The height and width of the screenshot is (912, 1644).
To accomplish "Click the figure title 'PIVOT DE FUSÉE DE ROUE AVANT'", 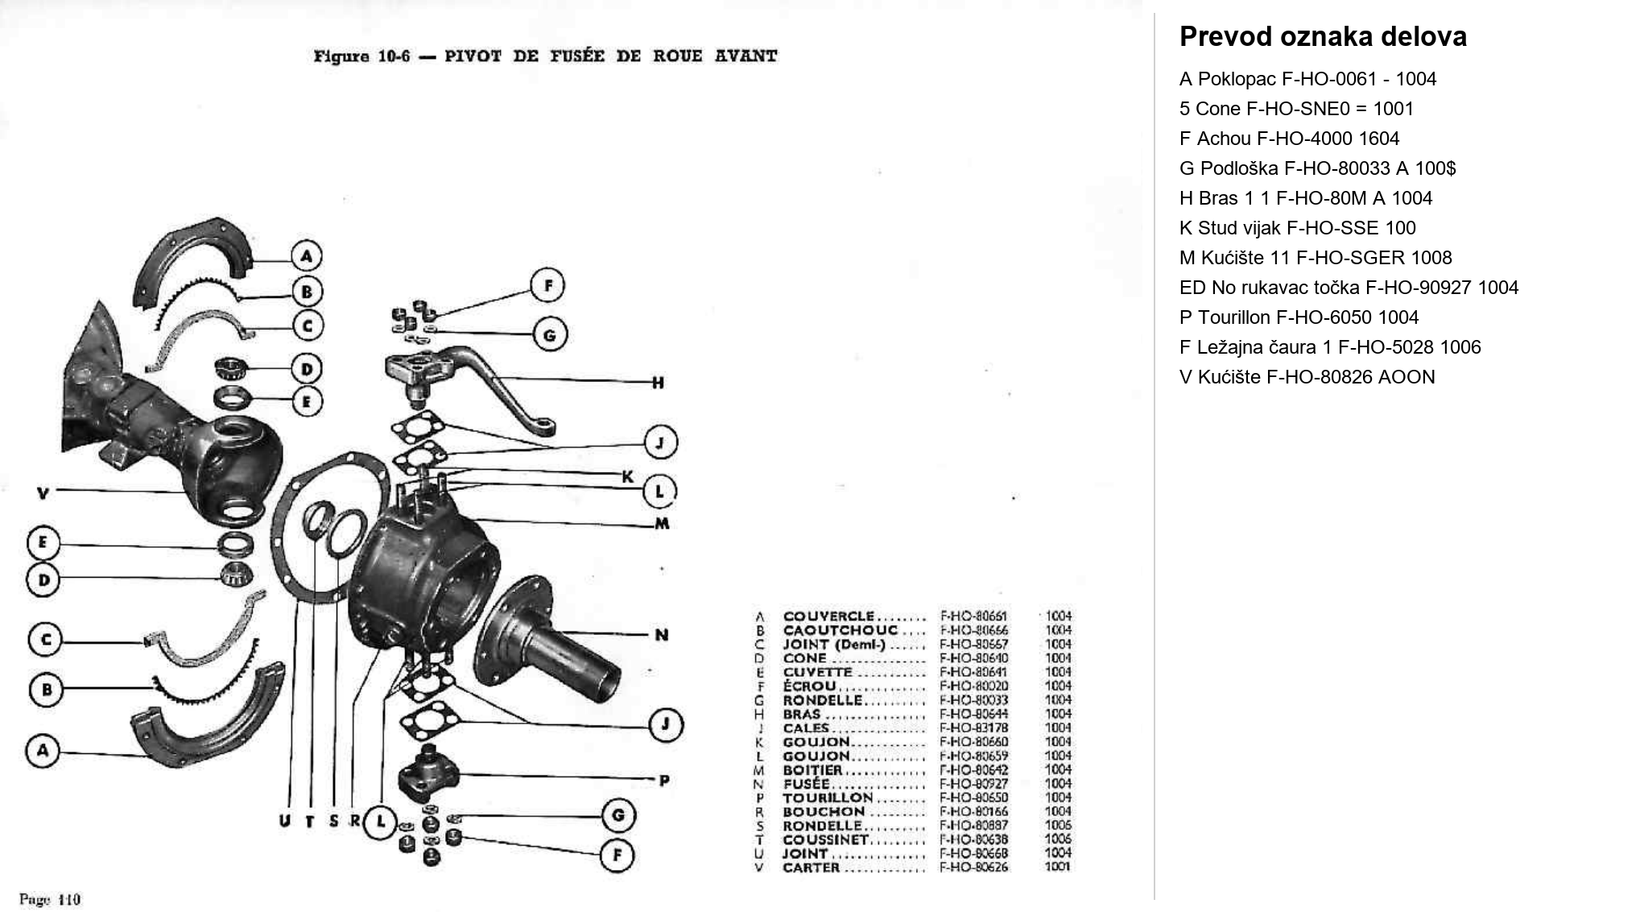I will point(610,56).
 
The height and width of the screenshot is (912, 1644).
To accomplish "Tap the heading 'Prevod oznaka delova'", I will point(1322,37).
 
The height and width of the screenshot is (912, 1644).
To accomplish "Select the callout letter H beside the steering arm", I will point(658,383).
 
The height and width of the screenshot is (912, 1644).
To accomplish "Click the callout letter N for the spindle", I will point(662,635).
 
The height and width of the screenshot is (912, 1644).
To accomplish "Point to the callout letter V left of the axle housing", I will point(43,492).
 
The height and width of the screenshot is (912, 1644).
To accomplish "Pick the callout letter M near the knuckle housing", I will point(662,524).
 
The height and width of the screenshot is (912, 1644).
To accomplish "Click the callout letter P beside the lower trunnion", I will point(664,780).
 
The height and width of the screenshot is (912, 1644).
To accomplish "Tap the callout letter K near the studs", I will point(627,477).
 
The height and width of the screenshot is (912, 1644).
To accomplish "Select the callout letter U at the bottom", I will point(284,821).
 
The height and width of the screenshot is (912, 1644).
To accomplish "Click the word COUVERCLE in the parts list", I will point(828,616).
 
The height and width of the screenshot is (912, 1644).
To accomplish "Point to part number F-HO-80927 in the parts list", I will point(973,783).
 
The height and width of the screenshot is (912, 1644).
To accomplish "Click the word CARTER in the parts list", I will point(811,868).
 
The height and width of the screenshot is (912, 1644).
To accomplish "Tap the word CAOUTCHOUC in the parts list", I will point(840,630).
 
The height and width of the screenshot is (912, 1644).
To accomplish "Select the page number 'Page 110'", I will point(50,899).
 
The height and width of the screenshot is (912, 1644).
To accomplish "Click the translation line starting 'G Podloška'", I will point(1317,168).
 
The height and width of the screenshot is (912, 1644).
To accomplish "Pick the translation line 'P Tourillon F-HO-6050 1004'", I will point(1299,317).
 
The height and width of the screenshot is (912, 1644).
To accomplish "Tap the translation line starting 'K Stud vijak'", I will point(1297,228).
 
